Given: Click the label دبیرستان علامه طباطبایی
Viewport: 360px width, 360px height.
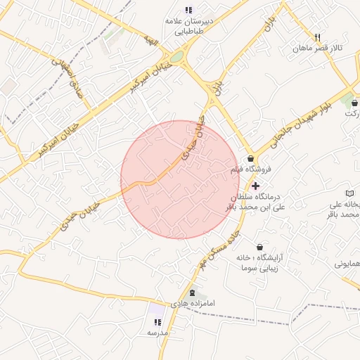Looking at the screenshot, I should [188, 26].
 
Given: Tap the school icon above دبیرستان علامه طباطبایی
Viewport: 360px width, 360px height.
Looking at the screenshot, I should [188, 10].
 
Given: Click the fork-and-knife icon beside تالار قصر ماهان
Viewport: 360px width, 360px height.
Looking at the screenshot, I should [318, 37].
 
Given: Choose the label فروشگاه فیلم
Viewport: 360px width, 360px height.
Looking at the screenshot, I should [250, 170].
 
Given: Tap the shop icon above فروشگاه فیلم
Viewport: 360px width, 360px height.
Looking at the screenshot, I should [250, 159].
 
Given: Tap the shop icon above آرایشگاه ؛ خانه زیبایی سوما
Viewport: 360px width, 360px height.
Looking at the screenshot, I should [260, 247].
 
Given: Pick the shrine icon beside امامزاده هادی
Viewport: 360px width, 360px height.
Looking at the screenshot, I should [193, 292].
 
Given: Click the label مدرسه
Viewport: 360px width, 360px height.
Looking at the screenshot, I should [157, 333].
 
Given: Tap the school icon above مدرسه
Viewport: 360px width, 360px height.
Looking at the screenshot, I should [157, 322].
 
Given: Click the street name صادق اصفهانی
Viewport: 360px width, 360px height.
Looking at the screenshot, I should [69, 75].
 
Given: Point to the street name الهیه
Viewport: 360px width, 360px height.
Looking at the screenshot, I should [150, 38].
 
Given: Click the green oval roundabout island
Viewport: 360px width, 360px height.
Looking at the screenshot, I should [176, 56].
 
